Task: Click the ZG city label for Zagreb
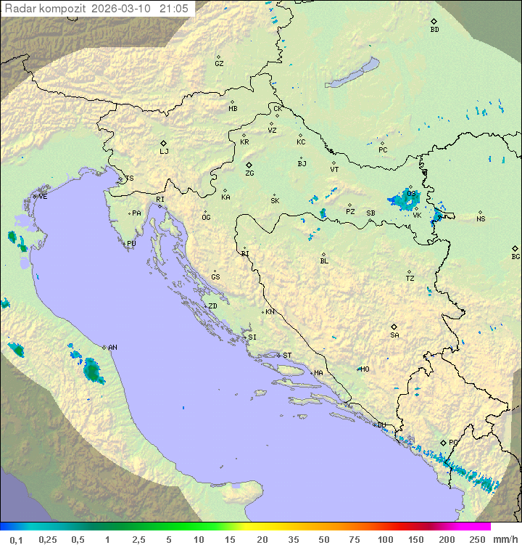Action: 249,174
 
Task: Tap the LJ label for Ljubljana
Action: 164,152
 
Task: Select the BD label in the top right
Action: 434,30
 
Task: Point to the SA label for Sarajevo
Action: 394,335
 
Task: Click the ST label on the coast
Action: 287,356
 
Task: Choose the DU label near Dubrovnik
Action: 381,425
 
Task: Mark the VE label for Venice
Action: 43,197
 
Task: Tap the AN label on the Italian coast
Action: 112,348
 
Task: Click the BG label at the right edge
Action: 515,257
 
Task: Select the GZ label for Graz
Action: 219,64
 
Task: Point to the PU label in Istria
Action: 131,244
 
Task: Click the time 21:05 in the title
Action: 175,9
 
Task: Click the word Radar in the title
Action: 19,9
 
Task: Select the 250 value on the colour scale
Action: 476,539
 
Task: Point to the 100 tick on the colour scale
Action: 385,539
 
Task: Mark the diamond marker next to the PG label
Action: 444,442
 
